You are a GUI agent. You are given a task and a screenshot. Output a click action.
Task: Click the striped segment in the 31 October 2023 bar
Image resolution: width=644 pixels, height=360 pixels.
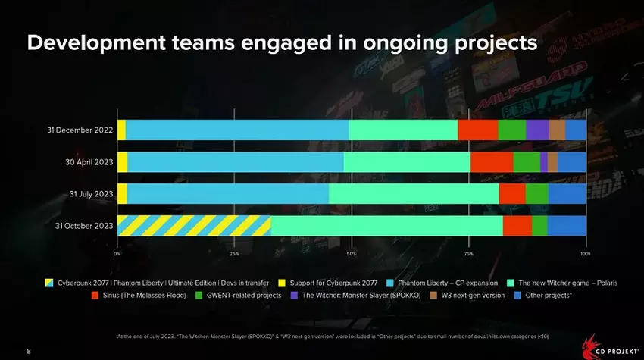194,226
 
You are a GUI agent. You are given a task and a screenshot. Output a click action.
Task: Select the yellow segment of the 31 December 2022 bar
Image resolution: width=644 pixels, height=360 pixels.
121,130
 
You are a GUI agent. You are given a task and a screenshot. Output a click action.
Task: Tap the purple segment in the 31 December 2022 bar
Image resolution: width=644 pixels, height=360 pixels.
537,130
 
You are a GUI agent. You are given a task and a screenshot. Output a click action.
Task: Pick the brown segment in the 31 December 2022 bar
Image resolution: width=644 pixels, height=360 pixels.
557,130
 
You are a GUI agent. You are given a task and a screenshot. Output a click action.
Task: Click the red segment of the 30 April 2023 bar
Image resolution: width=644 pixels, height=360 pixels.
492,162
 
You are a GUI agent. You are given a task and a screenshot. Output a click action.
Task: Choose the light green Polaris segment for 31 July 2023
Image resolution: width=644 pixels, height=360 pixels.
414,194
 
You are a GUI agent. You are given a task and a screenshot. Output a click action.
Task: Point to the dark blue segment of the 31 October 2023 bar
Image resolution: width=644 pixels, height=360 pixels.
566,226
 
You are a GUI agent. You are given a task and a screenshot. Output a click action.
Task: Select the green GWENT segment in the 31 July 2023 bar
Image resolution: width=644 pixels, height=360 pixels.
536,194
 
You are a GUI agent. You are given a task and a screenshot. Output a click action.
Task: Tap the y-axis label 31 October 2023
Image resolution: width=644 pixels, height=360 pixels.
84,226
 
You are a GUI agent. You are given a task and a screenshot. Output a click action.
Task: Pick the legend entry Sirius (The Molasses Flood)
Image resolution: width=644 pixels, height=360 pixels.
144,295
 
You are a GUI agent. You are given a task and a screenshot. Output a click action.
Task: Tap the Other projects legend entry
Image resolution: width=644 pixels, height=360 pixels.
549,295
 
